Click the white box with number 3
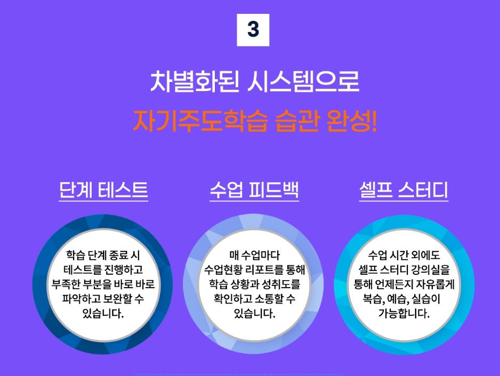pyautogui.click(x=253, y=30)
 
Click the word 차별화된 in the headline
pyautogui.click(x=194, y=81)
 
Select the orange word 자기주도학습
pyautogui.click(x=200, y=120)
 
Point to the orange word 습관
pyautogui.click(x=297, y=120)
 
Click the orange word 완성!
pyautogui.click(x=352, y=120)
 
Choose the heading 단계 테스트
pyautogui.click(x=103, y=190)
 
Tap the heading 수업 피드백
pyautogui.click(x=254, y=190)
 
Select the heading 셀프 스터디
pyautogui.click(x=404, y=190)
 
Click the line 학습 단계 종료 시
pyautogui.click(x=103, y=255)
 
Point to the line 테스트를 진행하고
pyautogui.click(x=103, y=269)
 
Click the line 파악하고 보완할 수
pyautogui.click(x=103, y=299)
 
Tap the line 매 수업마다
pyautogui.click(x=254, y=255)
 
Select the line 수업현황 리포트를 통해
pyautogui.click(x=254, y=269)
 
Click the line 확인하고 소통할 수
pyautogui.click(x=254, y=299)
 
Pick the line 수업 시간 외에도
pyautogui.click(x=404, y=255)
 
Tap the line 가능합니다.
pyautogui.click(x=404, y=314)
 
